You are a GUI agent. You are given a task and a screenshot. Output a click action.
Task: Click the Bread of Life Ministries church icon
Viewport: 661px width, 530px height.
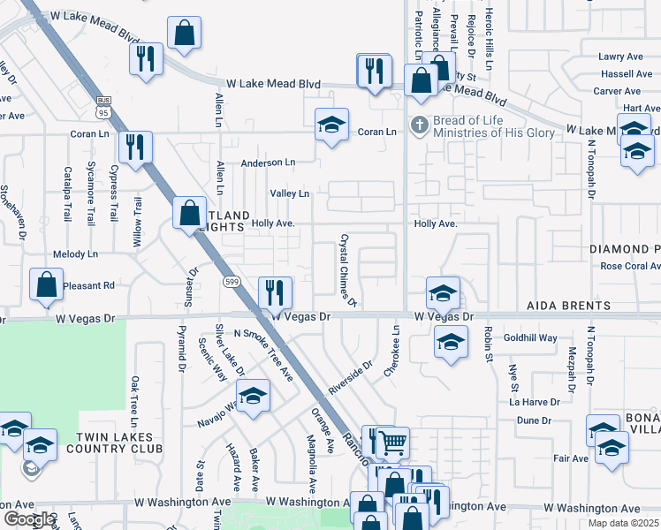click(x=419, y=123)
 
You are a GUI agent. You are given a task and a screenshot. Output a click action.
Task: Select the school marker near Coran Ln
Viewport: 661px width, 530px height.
click(x=331, y=125)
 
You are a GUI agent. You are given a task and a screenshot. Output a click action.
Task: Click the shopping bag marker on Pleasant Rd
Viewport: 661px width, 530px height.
click(x=46, y=284)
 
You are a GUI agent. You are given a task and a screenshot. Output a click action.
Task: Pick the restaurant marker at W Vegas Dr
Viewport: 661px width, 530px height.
click(x=275, y=292)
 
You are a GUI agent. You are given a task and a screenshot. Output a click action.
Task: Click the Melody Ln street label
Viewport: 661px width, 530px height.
click(x=76, y=254)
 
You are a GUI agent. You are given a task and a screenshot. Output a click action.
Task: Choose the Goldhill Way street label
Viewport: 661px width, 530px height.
click(x=530, y=337)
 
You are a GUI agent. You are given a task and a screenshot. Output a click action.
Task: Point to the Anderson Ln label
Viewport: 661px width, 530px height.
click(x=269, y=163)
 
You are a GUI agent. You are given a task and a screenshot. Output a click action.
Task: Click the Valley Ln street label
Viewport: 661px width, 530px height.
click(x=290, y=193)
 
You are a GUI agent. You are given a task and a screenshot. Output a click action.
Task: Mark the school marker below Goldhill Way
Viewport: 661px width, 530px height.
click(x=451, y=344)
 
